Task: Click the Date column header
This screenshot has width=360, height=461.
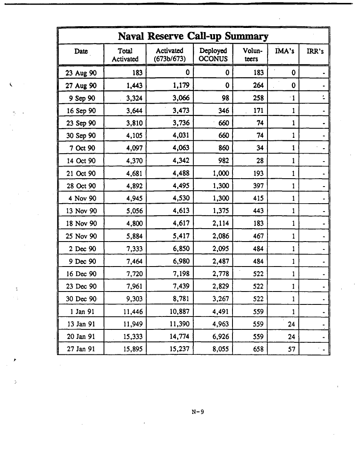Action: [x=81, y=51]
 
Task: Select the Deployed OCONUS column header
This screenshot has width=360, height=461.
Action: [x=213, y=55]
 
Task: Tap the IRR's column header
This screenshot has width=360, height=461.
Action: [x=315, y=51]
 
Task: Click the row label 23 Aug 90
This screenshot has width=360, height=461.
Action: [x=81, y=73]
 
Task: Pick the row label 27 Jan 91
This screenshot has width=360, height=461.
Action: [x=81, y=348]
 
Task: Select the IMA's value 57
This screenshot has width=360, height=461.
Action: [x=291, y=348]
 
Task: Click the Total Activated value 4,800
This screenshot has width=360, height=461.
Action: [x=134, y=223]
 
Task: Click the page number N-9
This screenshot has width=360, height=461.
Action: [x=196, y=412]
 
